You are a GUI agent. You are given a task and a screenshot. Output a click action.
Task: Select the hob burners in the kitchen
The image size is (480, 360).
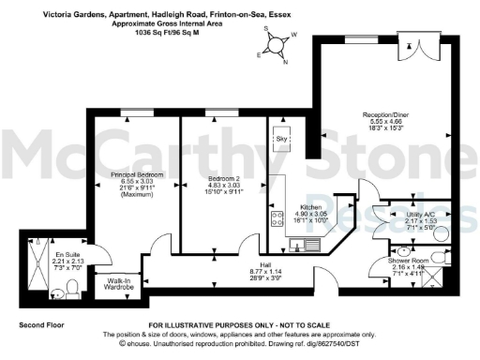[277, 218]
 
